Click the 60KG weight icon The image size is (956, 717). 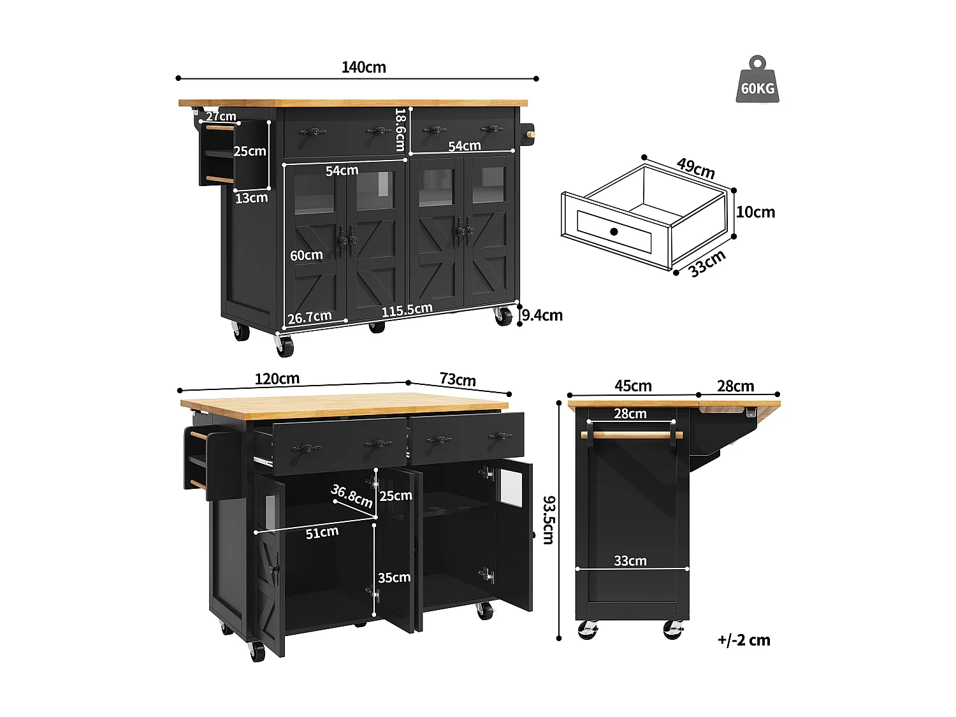(757, 81)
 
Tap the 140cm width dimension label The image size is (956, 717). (363, 67)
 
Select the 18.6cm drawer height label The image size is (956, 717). (400, 129)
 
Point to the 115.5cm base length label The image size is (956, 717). (407, 310)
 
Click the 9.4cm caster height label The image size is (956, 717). (542, 315)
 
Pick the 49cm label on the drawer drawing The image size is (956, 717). (695, 168)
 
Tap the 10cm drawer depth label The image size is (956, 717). (755, 212)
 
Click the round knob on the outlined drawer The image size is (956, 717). (614, 231)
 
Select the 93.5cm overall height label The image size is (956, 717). (548, 520)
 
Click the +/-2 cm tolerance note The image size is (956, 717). (744, 640)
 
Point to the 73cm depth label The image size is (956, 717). (458, 379)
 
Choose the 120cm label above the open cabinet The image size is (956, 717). (277, 379)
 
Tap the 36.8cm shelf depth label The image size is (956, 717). (352, 495)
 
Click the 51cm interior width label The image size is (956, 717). (322, 532)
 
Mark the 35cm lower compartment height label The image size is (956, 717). (394, 577)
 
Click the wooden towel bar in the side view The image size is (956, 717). (631, 435)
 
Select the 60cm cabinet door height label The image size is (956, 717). (307, 255)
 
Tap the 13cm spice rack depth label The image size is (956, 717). (252, 198)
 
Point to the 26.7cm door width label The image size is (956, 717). (310, 317)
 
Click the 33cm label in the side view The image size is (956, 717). (630, 560)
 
